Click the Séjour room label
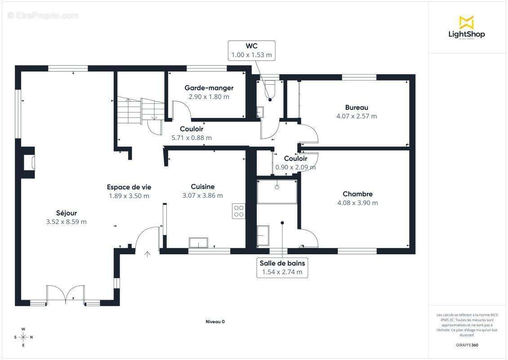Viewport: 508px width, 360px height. tap(67, 213)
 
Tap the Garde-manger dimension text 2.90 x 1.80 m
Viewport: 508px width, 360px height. tap(209, 97)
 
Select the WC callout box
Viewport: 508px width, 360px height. tap(252, 50)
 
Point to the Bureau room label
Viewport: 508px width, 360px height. tap(356, 108)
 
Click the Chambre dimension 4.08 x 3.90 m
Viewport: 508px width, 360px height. tap(358, 202)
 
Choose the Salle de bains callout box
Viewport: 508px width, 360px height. tap(282, 268)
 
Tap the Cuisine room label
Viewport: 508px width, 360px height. tap(203, 186)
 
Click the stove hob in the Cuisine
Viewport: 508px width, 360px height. tap(239, 211)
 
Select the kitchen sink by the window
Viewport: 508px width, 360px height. tap(199, 243)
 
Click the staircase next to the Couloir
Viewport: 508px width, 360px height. tap(141, 111)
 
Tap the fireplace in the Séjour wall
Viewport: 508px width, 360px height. tap(29, 162)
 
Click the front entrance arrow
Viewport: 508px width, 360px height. tap(147, 254)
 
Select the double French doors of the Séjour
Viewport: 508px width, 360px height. tap(66, 294)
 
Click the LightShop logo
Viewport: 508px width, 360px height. tap(467, 27)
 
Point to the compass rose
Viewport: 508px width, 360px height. tap(23, 337)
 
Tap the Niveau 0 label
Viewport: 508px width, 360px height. tap(215, 322)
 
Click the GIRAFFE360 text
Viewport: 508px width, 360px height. tap(467, 345)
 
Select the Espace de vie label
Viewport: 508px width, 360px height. tap(129, 187)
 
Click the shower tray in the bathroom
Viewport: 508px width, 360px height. tap(277, 192)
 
